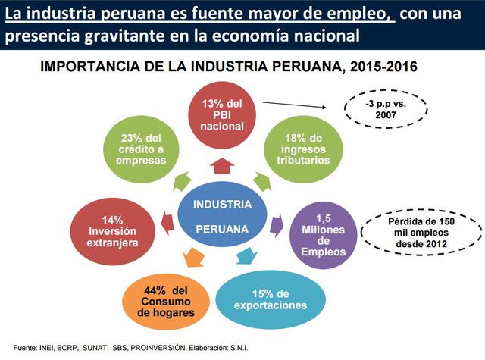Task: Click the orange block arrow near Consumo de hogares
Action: pyautogui.click(x=193, y=258)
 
